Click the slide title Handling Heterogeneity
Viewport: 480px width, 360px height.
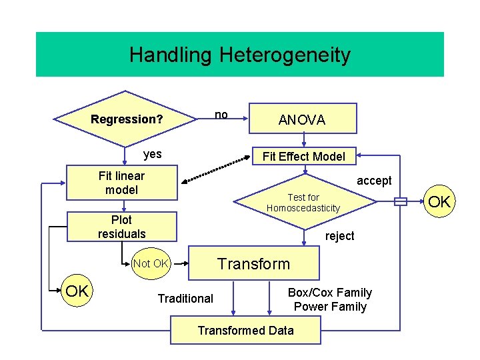click(239, 55)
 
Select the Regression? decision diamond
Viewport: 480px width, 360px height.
click(127, 120)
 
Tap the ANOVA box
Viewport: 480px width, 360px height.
click(302, 120)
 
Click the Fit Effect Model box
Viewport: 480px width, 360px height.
click(303, 157)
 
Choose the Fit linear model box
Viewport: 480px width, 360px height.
click(121, 183)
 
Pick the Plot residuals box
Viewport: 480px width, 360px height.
click(121, 227)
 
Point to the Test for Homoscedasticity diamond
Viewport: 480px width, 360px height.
click(303, 203)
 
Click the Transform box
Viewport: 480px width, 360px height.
click(254, 264)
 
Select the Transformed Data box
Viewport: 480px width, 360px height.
click(245, 330)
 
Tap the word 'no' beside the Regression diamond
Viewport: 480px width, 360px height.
click(221, 115)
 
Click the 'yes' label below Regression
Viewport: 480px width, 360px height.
click(153, 154)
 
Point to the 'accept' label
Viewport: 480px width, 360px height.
click(374, 181)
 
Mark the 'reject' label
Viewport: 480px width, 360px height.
click(339, 236)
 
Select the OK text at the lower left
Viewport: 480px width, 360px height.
click(77, 291)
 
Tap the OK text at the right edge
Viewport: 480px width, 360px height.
click(440, 201)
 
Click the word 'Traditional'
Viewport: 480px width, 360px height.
click(185, 299)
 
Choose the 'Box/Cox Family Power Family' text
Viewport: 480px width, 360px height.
click(330, 299)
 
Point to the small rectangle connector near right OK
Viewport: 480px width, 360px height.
click(400, 202)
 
